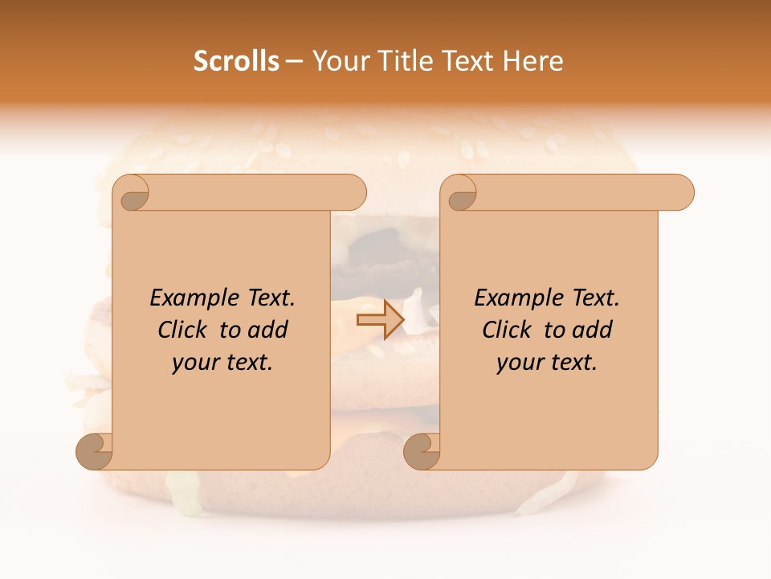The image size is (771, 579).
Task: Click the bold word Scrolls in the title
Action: (236, 61)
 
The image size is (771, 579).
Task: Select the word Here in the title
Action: (533, 61)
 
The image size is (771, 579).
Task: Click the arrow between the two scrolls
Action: (380, 320)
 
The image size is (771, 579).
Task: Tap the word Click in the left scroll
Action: (184, 330)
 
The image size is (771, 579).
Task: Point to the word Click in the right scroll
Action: (508, 330)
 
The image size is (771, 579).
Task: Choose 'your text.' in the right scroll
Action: (547, 363)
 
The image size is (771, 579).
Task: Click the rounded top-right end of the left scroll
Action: (353, 192)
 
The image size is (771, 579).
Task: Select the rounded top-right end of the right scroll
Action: (681, 192)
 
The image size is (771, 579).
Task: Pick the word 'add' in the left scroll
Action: (269, 330)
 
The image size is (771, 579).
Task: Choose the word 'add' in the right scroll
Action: (594, 330)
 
